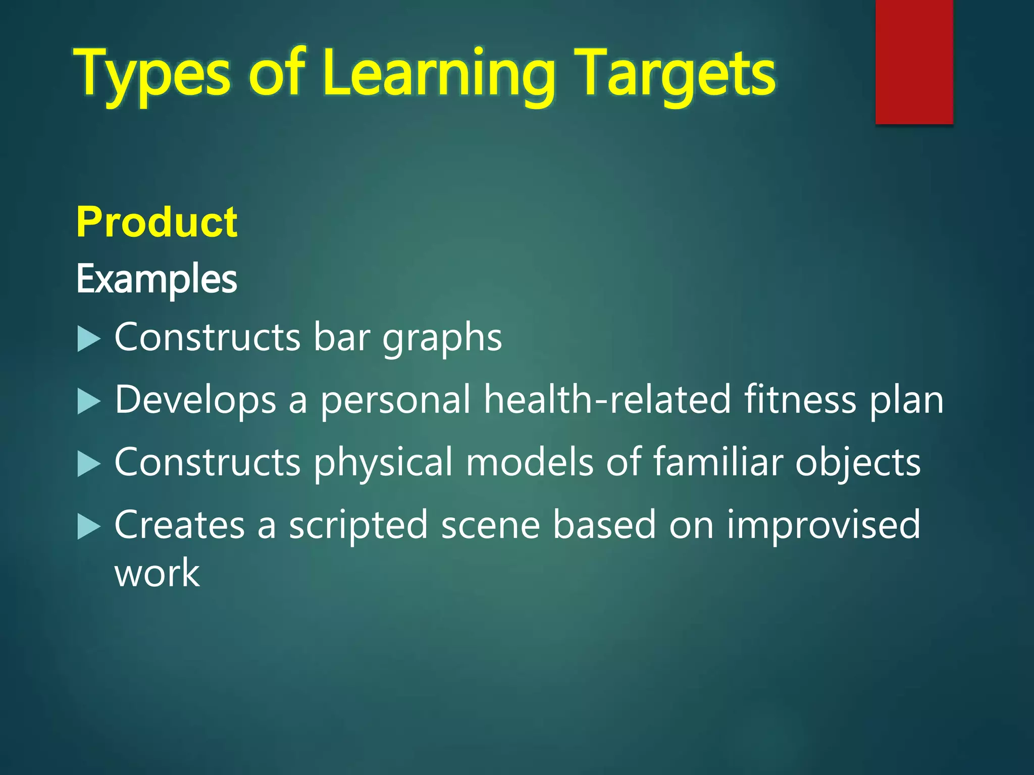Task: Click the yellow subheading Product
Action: click(x=157, y=222)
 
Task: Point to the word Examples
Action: click(x=157, y=279)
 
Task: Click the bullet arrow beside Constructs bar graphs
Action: click(x=89, y=339)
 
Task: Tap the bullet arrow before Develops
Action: click(x=89, y=402)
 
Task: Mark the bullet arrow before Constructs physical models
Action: click(x=89, y=464)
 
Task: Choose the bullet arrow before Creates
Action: click(x=89, y=527)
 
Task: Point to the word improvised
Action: click(x=823, y=525)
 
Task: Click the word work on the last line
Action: click(x=158, y=573)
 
